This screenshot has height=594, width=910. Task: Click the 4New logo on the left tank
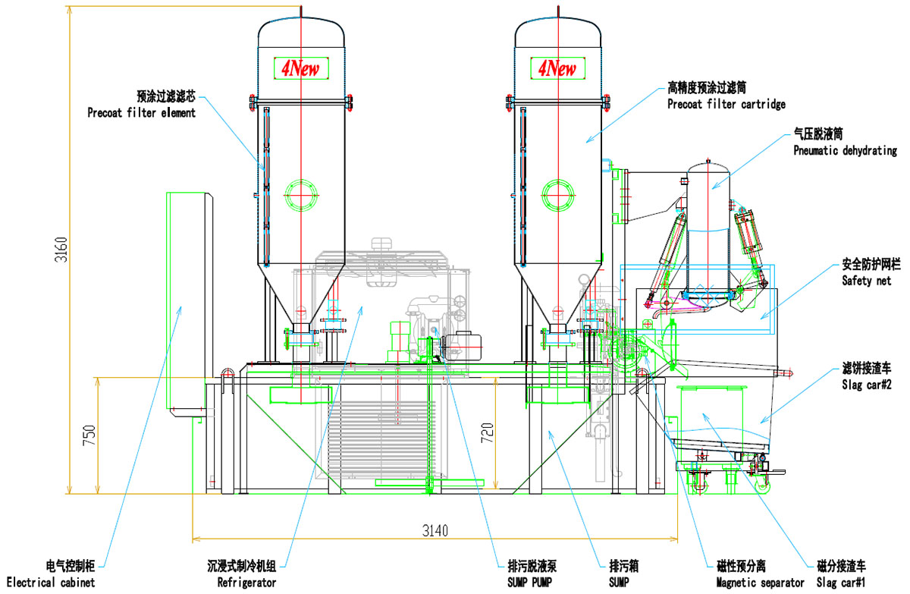[301, 69]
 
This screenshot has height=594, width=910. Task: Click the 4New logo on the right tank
[557, 69]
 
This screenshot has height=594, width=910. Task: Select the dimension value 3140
[435, 530]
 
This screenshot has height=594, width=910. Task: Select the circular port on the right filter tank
[558, 195]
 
